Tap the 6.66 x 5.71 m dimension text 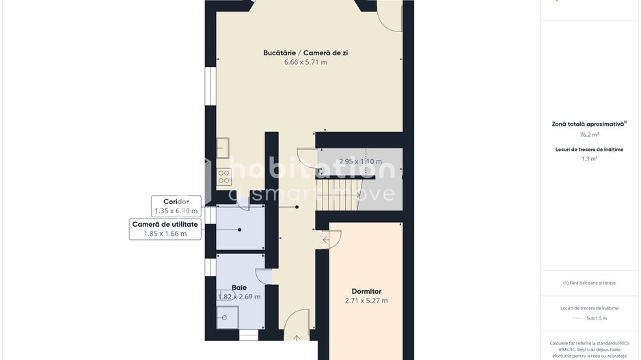tap(305, 62)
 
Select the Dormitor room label tap(366, 291)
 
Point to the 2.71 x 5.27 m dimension tap(366, 301)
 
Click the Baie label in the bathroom tap(239, 288)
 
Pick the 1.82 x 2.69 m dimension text tap(239, 297)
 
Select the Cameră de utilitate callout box tap(165, 229)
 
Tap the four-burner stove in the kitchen tap(224, 178)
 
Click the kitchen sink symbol tap(223, 148)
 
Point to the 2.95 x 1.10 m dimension tap(361, 162)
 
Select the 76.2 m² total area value tap(589, 135)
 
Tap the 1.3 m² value tap(589, 158)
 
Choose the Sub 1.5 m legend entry tap(589, 318)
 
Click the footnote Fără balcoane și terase tap(589, 283)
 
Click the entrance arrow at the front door tap(297, 337)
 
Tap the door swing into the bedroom tap(332, 239)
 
